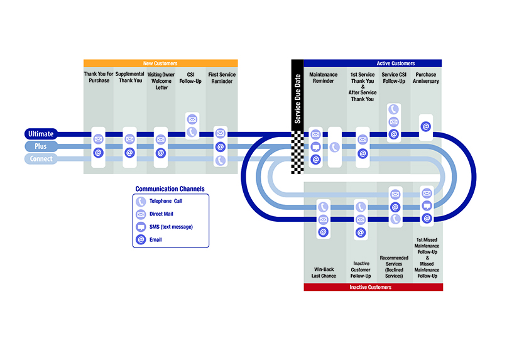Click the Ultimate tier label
click(x=41, y=134)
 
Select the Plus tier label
click(x=41, y=146)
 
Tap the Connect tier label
click(x=41, y=159)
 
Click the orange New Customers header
click(x=160, y=63)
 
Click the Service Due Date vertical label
click(x=297, y=99)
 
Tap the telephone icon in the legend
click(x=141, y=201)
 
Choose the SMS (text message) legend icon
click(x=141, y=227)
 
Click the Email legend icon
click(x=141, y=239)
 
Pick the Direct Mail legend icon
click(x=141, y=214)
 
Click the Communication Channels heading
click(x=170, y=189)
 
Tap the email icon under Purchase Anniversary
click(x=426, y=127)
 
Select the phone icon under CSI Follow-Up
click(x=192, y=132)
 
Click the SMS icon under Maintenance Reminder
click(x=315, y=147)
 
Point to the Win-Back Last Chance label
click(x=324, y=273)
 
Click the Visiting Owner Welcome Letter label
click(x=161, y=81)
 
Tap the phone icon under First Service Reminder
click(x=221, y=160)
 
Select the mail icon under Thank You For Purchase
click(x=98, y=139)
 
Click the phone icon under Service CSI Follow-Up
click(x=394, y=109)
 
